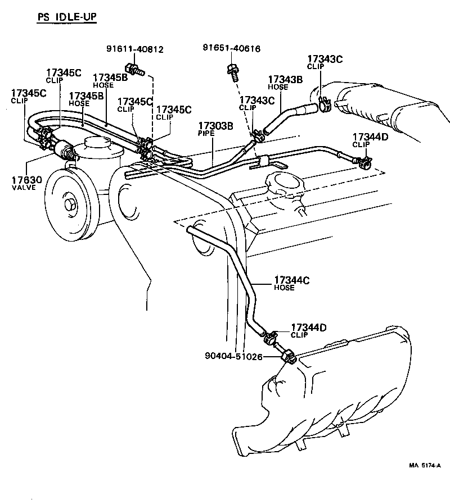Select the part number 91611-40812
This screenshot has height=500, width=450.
coord(134,49)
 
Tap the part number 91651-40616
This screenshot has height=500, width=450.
coord(231,49)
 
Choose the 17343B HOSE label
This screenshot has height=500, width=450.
coord(285,83)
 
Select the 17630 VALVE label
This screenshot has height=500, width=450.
coord(24,183)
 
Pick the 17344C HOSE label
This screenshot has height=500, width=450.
coord(291,283)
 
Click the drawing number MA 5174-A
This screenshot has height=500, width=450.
coord(425,465)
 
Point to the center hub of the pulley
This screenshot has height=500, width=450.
coord(71,203)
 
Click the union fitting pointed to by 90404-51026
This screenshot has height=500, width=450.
coord(289,357)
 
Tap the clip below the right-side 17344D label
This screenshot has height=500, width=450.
coord(362,163)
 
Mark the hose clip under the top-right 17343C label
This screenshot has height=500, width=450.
coord(323,103)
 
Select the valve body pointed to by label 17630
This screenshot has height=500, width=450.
coord(63,150)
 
